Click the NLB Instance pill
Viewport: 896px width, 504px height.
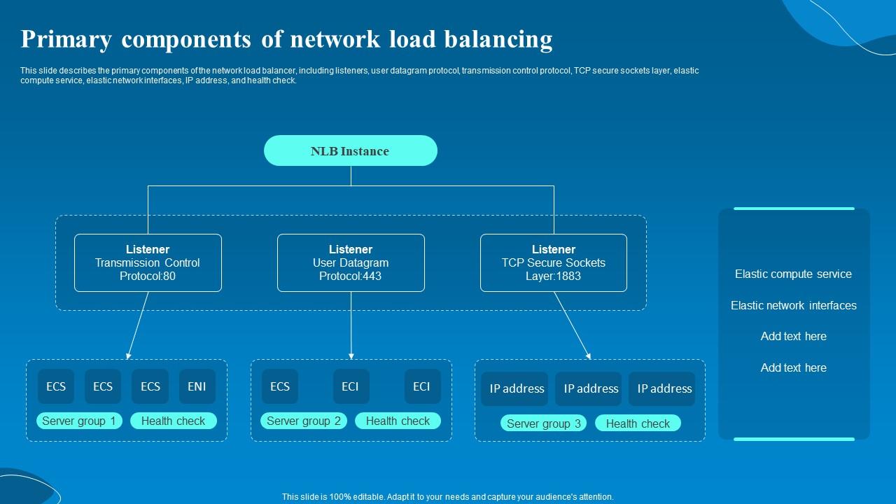350,150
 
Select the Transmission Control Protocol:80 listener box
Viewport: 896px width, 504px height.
148,262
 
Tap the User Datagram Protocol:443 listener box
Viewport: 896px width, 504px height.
351,262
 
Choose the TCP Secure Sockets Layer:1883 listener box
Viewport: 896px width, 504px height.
553,262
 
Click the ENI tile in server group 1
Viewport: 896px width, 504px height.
197,386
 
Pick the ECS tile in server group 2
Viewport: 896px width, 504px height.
280,386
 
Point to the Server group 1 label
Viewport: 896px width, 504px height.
79,421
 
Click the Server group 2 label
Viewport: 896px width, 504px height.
304,421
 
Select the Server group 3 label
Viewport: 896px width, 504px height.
543,423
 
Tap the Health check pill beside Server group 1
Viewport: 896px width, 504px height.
173,421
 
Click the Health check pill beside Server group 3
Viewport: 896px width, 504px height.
638,423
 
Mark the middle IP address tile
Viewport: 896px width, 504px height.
591,389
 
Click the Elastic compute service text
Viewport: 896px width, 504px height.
793,274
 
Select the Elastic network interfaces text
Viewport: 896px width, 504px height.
793,305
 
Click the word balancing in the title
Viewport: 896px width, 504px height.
498,39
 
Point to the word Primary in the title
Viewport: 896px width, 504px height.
66,39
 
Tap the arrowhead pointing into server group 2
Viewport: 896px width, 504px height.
351,356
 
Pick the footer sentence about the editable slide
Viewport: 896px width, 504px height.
447,496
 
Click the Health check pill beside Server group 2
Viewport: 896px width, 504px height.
398,421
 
